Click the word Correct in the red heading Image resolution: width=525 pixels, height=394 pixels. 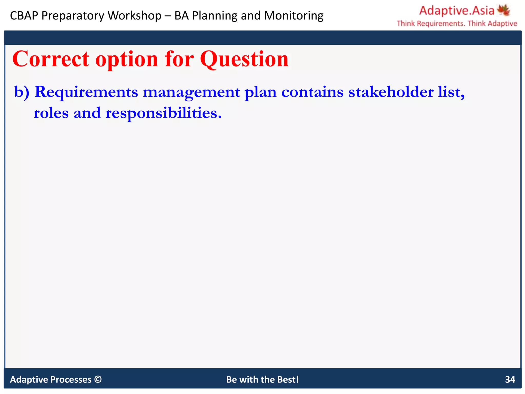point(51,59)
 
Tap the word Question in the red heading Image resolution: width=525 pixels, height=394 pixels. point(244,60)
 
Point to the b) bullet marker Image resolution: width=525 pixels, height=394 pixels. point(22,92)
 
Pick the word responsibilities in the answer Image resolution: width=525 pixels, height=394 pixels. point(163,113)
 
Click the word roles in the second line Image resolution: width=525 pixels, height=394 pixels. point(51,113)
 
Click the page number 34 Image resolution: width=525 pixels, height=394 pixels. point(510,379)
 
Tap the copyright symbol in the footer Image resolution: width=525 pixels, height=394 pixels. point(98,379)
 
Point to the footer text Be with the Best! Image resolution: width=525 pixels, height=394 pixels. point(262,379)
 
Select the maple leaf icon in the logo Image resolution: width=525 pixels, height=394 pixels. point(503,10)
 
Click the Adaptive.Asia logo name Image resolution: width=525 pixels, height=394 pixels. point(457,11)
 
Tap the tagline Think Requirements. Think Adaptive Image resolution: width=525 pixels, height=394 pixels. point(457,24)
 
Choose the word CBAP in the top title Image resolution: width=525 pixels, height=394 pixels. point(24,16)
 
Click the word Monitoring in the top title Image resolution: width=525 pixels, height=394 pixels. point(294,16)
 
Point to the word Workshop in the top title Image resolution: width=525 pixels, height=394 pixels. point(134,16)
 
